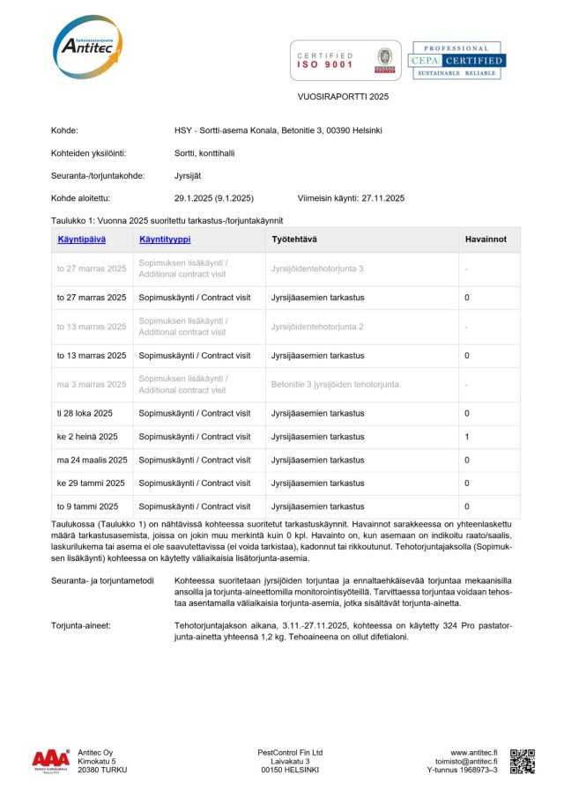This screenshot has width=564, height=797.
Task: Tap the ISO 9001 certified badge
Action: pos(345,60)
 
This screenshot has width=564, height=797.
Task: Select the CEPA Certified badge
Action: pos(456,60)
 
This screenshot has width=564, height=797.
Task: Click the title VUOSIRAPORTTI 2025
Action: pos(342,97)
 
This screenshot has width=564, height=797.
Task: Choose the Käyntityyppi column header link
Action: pos(165,239)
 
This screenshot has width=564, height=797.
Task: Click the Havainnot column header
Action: pos(486,239)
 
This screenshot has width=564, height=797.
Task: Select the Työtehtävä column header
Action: pos(295,239)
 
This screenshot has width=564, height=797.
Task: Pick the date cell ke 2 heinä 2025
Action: pos(87,437)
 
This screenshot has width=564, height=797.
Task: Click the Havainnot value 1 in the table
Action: pos(467,437)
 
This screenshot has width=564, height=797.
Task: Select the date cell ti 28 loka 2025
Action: pos(85,413)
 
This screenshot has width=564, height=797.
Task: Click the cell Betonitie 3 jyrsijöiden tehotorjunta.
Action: pos(336,384)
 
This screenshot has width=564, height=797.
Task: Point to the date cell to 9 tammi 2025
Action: pos(87,506)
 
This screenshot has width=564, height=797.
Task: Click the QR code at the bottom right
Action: pos(523,761)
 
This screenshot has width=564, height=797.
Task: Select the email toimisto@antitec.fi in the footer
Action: pos(466,762)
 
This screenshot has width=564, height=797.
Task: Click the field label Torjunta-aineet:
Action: pos(80,624)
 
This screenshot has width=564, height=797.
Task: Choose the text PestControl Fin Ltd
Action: pos(290,753)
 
